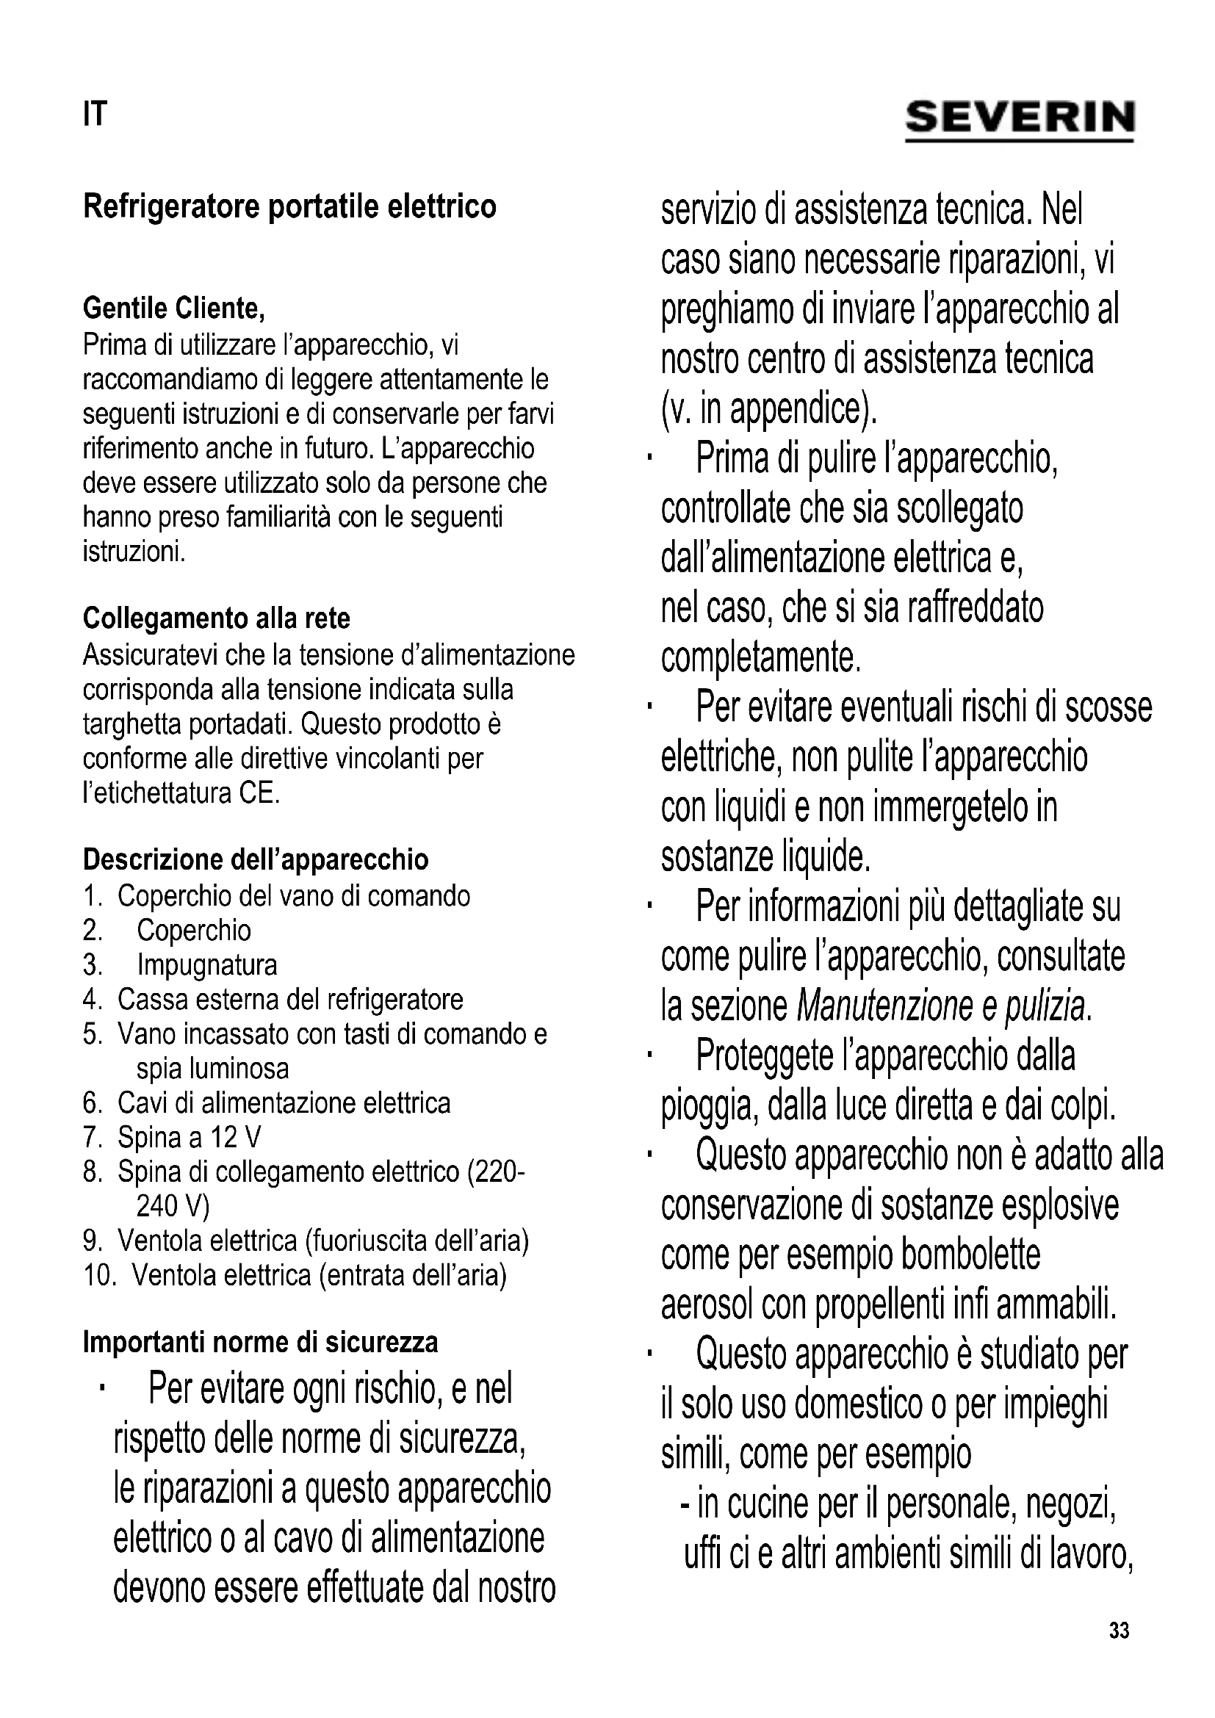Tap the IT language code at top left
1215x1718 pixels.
coord(95,115)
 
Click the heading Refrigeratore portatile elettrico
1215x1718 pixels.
coord(289,206)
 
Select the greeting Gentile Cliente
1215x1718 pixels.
coord(173,308)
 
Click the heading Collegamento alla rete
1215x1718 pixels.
coord(216,618)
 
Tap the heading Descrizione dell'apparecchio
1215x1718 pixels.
coord(255,860)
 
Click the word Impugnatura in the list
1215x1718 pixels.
coord(206,965)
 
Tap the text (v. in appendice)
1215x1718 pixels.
coord(768,408)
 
